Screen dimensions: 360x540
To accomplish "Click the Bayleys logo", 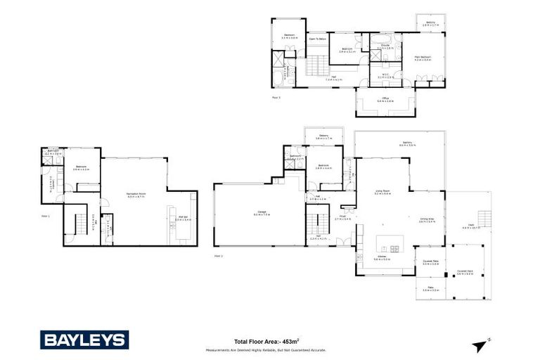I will click(84, 340).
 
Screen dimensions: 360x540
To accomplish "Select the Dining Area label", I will click(427, 219).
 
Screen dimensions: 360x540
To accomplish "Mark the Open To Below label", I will click(317, 39).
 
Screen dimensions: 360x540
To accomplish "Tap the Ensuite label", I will click(385, 46).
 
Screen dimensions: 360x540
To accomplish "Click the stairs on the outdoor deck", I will click(484, 215).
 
